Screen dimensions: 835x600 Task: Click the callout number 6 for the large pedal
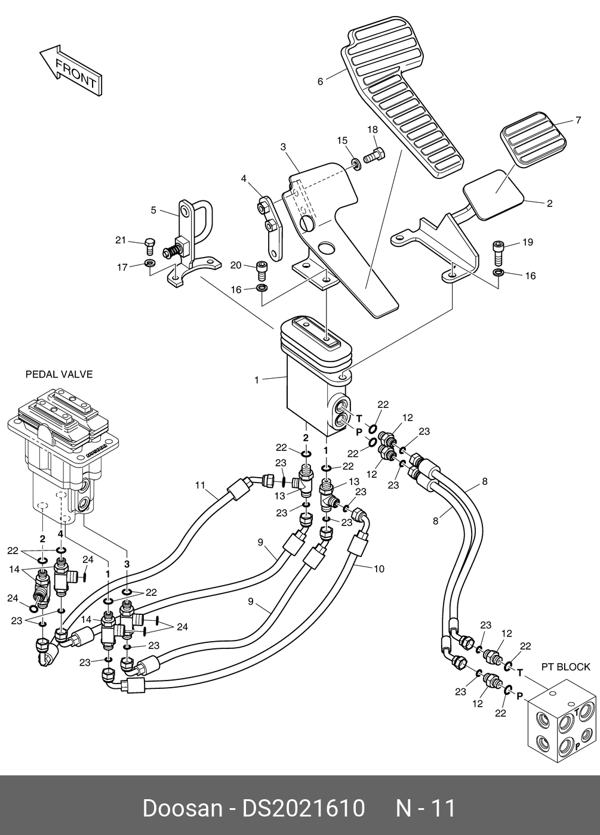pyautogui.click(x=320, y=82)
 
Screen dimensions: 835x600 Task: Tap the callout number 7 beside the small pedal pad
pyautogui.click(x=578, y=120)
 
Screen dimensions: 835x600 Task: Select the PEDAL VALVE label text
pyautogui.click(x=59, y=375)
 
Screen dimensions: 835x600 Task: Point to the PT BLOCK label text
pyautogui.click(x=565, y=667)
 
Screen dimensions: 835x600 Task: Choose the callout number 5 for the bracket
pyautogui.click(x=153, y=210)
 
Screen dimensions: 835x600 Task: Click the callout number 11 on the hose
pyautogui.click(x=200, y=485)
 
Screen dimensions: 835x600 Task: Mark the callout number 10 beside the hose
pyautogui.click(x=379, y=568)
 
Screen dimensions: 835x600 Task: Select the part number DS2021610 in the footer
pyautogui.click(x=303, y=808)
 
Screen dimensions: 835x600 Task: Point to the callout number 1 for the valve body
pyautogui.click(x=257, y=380)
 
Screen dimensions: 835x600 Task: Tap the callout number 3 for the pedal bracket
pyautogui.click(x=283, y=147)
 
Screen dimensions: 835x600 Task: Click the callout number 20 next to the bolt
pyautogui.click(x=236, y=265)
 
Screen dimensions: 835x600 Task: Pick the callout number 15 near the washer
pyautogui.click(x=341, y=140)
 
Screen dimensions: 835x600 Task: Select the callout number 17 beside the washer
pyautogui.click(x=122, y=268)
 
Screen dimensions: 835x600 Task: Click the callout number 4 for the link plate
pyautogui.click(x=244, y=178)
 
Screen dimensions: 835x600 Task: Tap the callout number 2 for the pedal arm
pyautogui.click(x=549, y=203)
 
